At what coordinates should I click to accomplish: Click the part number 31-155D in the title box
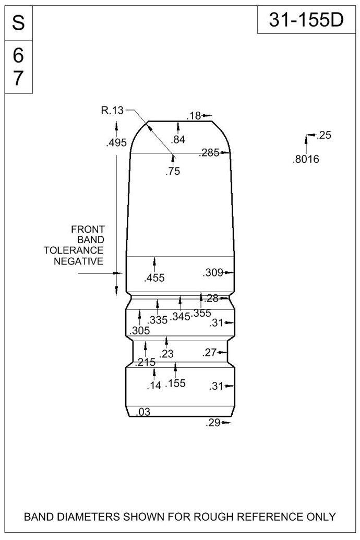[306, 20]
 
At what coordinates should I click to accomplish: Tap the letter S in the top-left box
[18, 23]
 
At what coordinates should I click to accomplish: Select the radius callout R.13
[112, 111]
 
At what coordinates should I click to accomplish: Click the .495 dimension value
[117, 142]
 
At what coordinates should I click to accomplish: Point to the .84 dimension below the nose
[178, 139]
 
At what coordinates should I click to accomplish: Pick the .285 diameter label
[209, 153]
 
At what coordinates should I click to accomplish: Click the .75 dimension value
[173, 171]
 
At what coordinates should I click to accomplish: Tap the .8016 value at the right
[306, 160]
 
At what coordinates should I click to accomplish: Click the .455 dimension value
[154, 278]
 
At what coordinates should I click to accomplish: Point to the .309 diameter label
[213, 273]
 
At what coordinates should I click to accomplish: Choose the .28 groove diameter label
[211, 298]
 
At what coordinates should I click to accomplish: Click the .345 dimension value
[180, 316]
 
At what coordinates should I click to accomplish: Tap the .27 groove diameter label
[210, 352]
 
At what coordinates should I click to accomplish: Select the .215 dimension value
[145, 362]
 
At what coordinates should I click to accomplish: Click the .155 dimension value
[175, 383]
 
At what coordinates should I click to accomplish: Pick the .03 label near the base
[143, 412]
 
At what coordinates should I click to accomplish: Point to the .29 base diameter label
[213, 423]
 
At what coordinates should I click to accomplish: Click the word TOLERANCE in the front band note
[74, 250]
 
